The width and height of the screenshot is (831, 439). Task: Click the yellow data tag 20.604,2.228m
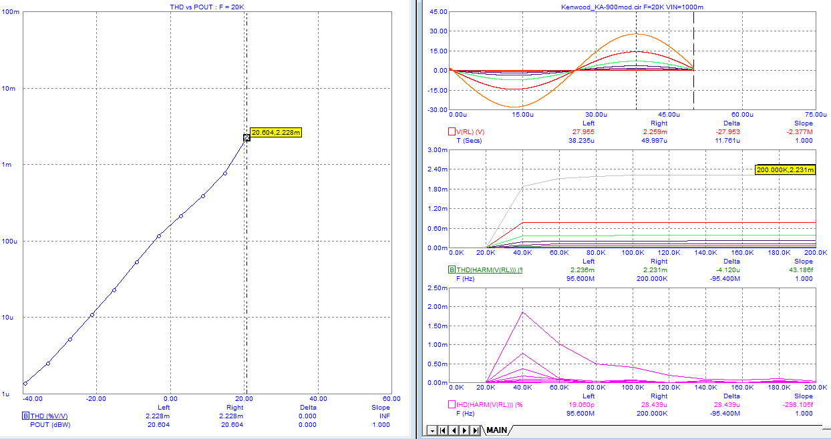pyautogui.click(x=276, y=132)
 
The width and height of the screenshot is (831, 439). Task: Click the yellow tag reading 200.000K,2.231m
pyautogui.click(x=785, y=170)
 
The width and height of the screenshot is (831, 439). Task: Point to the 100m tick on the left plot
pyautogui.click(x=11, y=12)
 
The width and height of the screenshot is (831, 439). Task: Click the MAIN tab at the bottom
pyautogui.click(x=496, y=430)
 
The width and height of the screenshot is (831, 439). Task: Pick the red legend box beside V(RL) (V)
pyautogui.click(x=452, y=131)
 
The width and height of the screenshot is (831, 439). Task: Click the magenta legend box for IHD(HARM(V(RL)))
pyautogui.click(x=452, y=404)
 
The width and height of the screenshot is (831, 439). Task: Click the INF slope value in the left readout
pyautogui.click(x=385, y=416)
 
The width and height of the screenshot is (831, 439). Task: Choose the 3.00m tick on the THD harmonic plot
pyautogui.click(x=438, y=150)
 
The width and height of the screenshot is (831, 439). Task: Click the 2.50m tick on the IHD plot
pyautogui.click(x=438, y=288)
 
